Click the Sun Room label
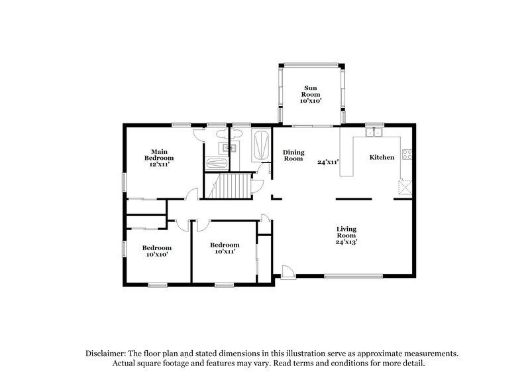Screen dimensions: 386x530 point(311,92)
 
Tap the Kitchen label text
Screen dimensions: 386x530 point(382,157)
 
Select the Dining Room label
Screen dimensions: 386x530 point(293,155)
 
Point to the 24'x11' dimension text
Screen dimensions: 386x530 point(328,161)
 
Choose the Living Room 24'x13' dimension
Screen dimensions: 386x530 point(346,241)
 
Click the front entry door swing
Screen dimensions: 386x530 point(288,272)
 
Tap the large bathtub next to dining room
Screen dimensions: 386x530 point(262,145)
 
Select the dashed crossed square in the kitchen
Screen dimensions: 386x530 point(404,186)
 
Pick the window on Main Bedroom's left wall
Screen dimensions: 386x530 point(124,183)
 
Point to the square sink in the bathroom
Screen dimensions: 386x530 point(231,147)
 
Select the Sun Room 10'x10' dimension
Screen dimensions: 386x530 point(311,101)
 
